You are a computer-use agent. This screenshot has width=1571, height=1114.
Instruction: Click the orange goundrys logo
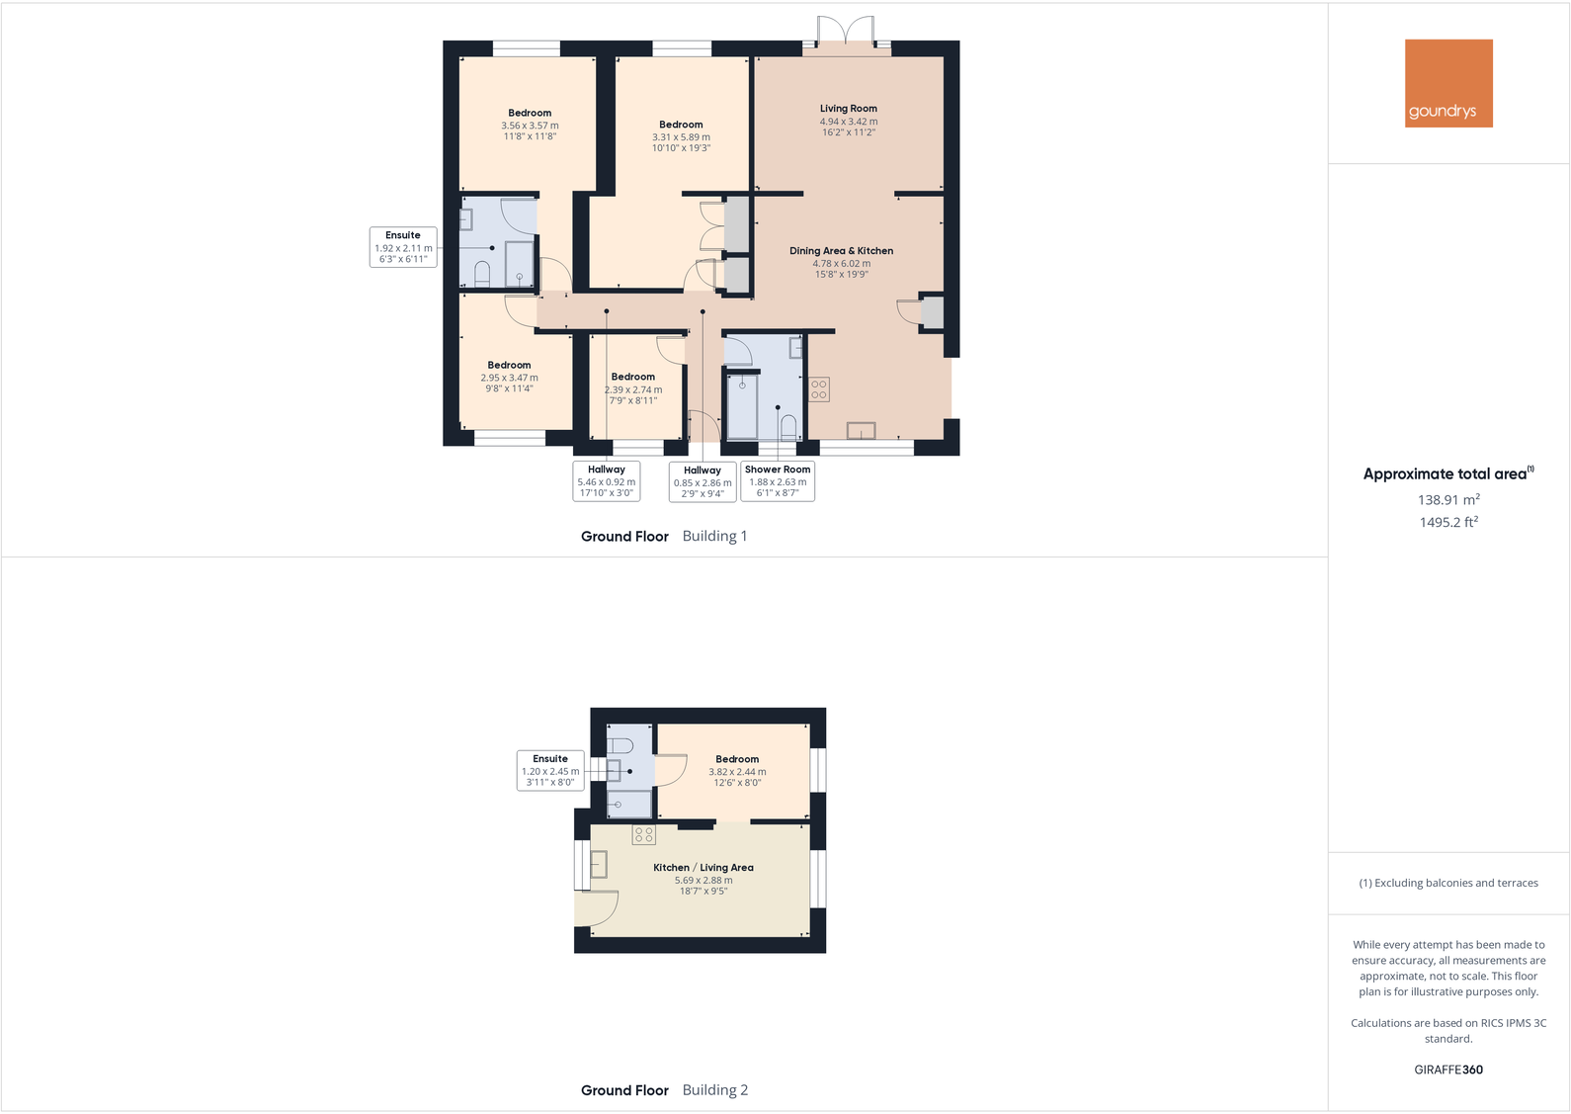pos(1448,83)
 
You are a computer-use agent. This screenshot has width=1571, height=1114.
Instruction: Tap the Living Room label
pos(848,109)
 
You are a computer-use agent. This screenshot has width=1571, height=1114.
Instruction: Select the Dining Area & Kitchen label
pos(841,251)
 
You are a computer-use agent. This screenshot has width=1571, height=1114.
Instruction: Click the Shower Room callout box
pos(778,481)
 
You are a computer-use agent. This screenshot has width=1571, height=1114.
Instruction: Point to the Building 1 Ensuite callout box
pos(403,247)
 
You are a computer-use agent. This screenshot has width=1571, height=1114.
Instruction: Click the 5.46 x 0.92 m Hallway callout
pos(607,481)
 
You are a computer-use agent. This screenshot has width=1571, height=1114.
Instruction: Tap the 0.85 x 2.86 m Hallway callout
pos(703,482)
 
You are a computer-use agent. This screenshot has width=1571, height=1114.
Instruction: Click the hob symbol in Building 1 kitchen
pos(819,389)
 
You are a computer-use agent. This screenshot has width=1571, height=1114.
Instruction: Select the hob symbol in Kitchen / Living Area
pos(643,835)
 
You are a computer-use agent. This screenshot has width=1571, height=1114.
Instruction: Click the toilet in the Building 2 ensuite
pos(620,745)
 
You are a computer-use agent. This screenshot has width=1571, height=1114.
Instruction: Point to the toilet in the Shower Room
pos(788,428)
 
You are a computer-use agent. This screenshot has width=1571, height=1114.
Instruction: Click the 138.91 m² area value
pos(1448,500)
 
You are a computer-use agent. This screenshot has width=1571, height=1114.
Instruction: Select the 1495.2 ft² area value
pos(1448,522)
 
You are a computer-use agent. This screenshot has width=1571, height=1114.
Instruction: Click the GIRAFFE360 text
pos(1448,1070)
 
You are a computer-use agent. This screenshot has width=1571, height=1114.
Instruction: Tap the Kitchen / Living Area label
pos(703,868)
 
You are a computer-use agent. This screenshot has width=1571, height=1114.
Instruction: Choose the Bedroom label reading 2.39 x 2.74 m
pos(632,377)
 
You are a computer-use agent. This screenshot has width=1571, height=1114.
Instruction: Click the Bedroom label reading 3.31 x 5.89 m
pos(681,125)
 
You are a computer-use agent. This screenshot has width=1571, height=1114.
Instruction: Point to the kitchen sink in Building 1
pos(861,431)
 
